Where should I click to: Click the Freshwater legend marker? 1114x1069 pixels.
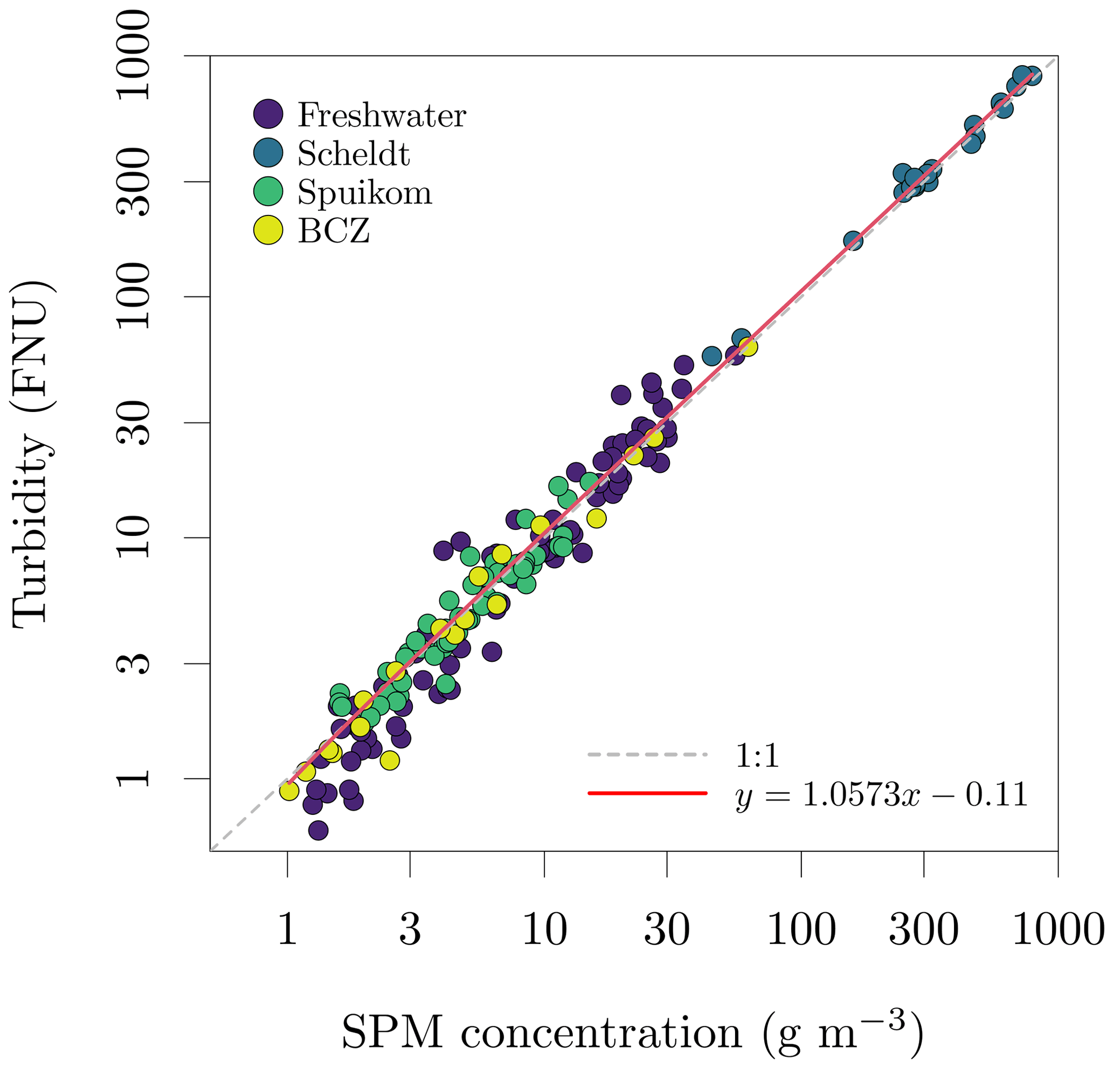click(x=268, y=114)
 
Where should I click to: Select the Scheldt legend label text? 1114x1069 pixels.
click(x=353, y=153)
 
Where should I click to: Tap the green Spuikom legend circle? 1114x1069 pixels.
click(x=268, y=191)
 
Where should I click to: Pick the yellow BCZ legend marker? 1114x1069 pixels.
click(x=268, y=230)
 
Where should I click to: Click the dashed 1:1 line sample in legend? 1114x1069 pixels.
click(x=647, y=755)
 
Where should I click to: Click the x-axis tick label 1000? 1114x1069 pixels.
click(x=1058, y=931)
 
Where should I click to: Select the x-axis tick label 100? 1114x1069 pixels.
click(x=801, y=931)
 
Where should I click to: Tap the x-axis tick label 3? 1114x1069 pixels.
click(x=410, y=931)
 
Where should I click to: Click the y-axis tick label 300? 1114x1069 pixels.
click(x=134, y=182)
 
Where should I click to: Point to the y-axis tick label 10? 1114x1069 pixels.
click(x=134, y=537)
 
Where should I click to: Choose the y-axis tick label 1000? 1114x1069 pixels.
click(x=134, y=55)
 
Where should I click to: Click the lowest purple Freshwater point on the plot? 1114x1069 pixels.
click(x=319, y=831)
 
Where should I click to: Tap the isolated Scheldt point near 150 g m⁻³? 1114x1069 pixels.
click(x=853, y=240)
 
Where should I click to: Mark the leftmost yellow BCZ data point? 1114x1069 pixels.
click(x=289, y=791)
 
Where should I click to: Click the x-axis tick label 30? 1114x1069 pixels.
click(x=667, y=931)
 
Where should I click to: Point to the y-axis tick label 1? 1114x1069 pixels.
click(x=134, y=778)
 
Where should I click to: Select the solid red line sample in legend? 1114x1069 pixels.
click(x=647, y=793)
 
